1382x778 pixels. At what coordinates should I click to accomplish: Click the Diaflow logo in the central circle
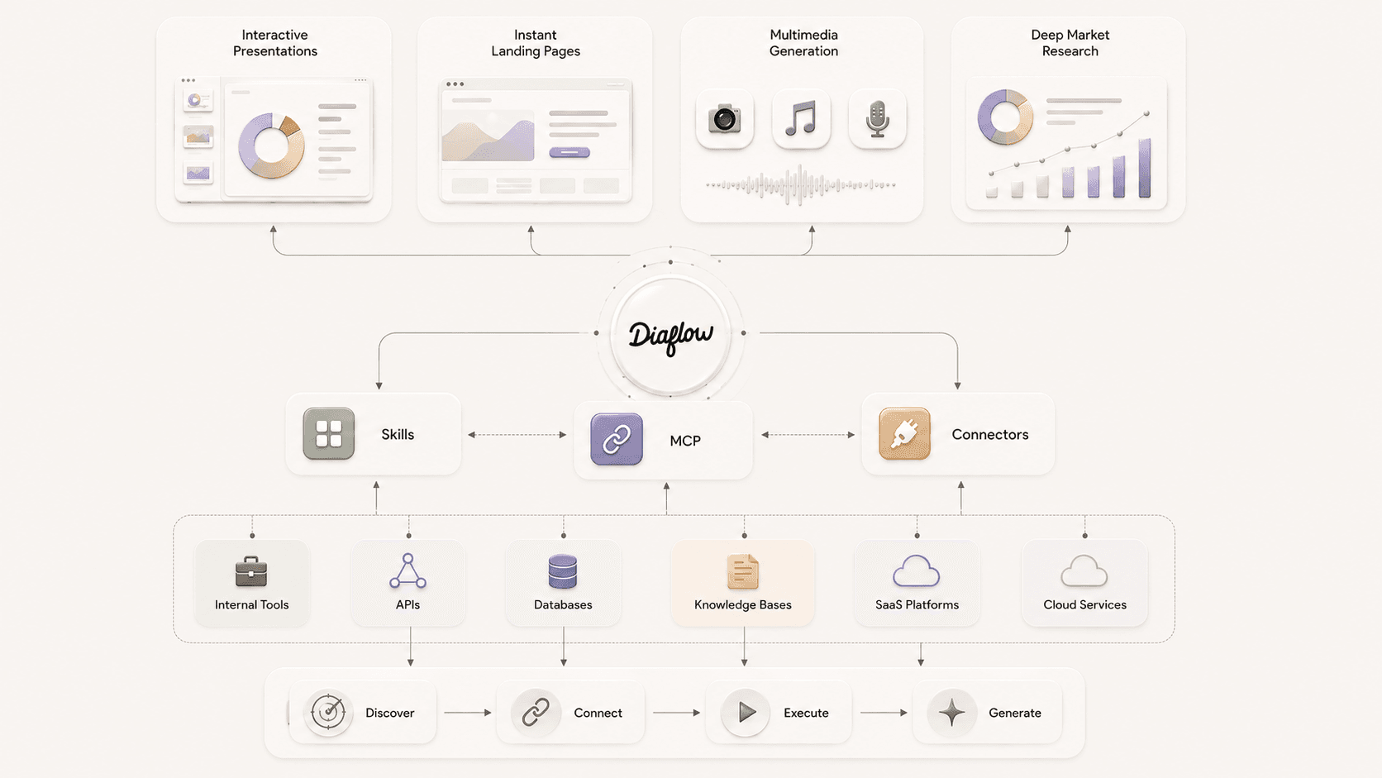(x=670, y=336)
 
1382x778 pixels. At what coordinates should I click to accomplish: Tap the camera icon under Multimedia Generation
(x=724, y=118)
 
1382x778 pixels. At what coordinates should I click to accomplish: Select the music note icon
(x=801, y=118)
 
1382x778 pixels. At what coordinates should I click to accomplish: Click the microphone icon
(x=877, y=118)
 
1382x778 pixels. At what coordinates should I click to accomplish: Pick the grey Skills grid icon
(x=329, y=434)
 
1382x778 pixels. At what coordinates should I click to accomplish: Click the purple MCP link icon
(x=617, y=439)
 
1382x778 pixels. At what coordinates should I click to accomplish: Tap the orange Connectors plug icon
(x=904, y=434)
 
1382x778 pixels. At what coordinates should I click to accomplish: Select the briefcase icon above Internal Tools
(x=251, y=571)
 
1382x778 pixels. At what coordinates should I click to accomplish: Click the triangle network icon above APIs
(x=407, y=570)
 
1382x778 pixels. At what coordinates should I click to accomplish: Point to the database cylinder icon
(x=563, y=571)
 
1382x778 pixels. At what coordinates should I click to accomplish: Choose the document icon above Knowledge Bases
(x=743, y=571)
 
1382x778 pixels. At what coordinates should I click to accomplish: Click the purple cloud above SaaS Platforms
(x=916, y=570)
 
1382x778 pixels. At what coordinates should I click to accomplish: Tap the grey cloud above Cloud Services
(x=1084, y=570)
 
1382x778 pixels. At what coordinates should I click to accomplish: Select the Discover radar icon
(x=328, y=712)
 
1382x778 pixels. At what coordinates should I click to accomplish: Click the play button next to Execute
(x=747, y=713)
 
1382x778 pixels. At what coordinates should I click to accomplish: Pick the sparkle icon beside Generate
(x=952, y=713)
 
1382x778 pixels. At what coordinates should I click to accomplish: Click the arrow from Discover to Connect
(x=468, y=713)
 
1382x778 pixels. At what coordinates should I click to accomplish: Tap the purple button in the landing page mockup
(x=569, y=152)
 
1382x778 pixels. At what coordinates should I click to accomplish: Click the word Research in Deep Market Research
(x=1070, y=51)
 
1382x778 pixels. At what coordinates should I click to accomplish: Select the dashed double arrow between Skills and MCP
(x=517, y=435)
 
